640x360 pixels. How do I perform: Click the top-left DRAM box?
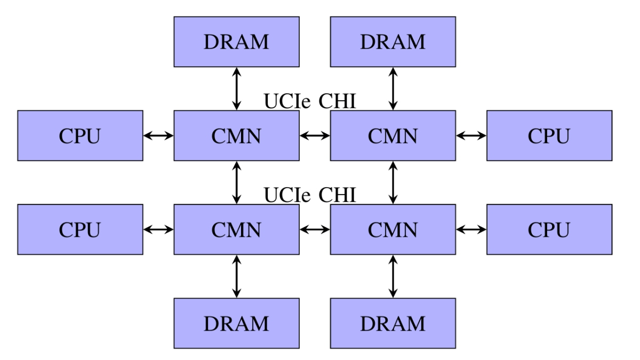coord(236,42)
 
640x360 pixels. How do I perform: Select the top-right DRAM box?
coord(393,42)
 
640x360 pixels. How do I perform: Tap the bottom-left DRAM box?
coord(236,323)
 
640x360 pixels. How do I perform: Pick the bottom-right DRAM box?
coord(393,323)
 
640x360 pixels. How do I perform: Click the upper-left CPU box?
coord(80,135)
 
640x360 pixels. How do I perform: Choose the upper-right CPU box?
coord(549,135)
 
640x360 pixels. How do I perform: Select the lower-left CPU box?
coord(80,229)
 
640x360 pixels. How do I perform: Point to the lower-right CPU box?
coord(549,229)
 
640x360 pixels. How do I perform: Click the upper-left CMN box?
coord(236,135)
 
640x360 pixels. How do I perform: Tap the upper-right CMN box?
coord(393,135)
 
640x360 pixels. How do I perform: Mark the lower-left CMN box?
coord(236,229)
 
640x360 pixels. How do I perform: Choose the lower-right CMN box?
coord(393,229)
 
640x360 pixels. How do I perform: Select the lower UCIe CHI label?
coord(310,195)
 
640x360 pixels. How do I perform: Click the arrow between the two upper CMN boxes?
coord(315,135)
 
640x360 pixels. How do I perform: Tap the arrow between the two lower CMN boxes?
coord(315,229)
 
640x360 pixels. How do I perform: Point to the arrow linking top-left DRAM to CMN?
coord(236,89)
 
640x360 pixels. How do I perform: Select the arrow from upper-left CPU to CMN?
coord(158,135)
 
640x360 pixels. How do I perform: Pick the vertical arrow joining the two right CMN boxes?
coord(393,182)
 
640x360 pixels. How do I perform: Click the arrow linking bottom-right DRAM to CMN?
coord(393,276)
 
